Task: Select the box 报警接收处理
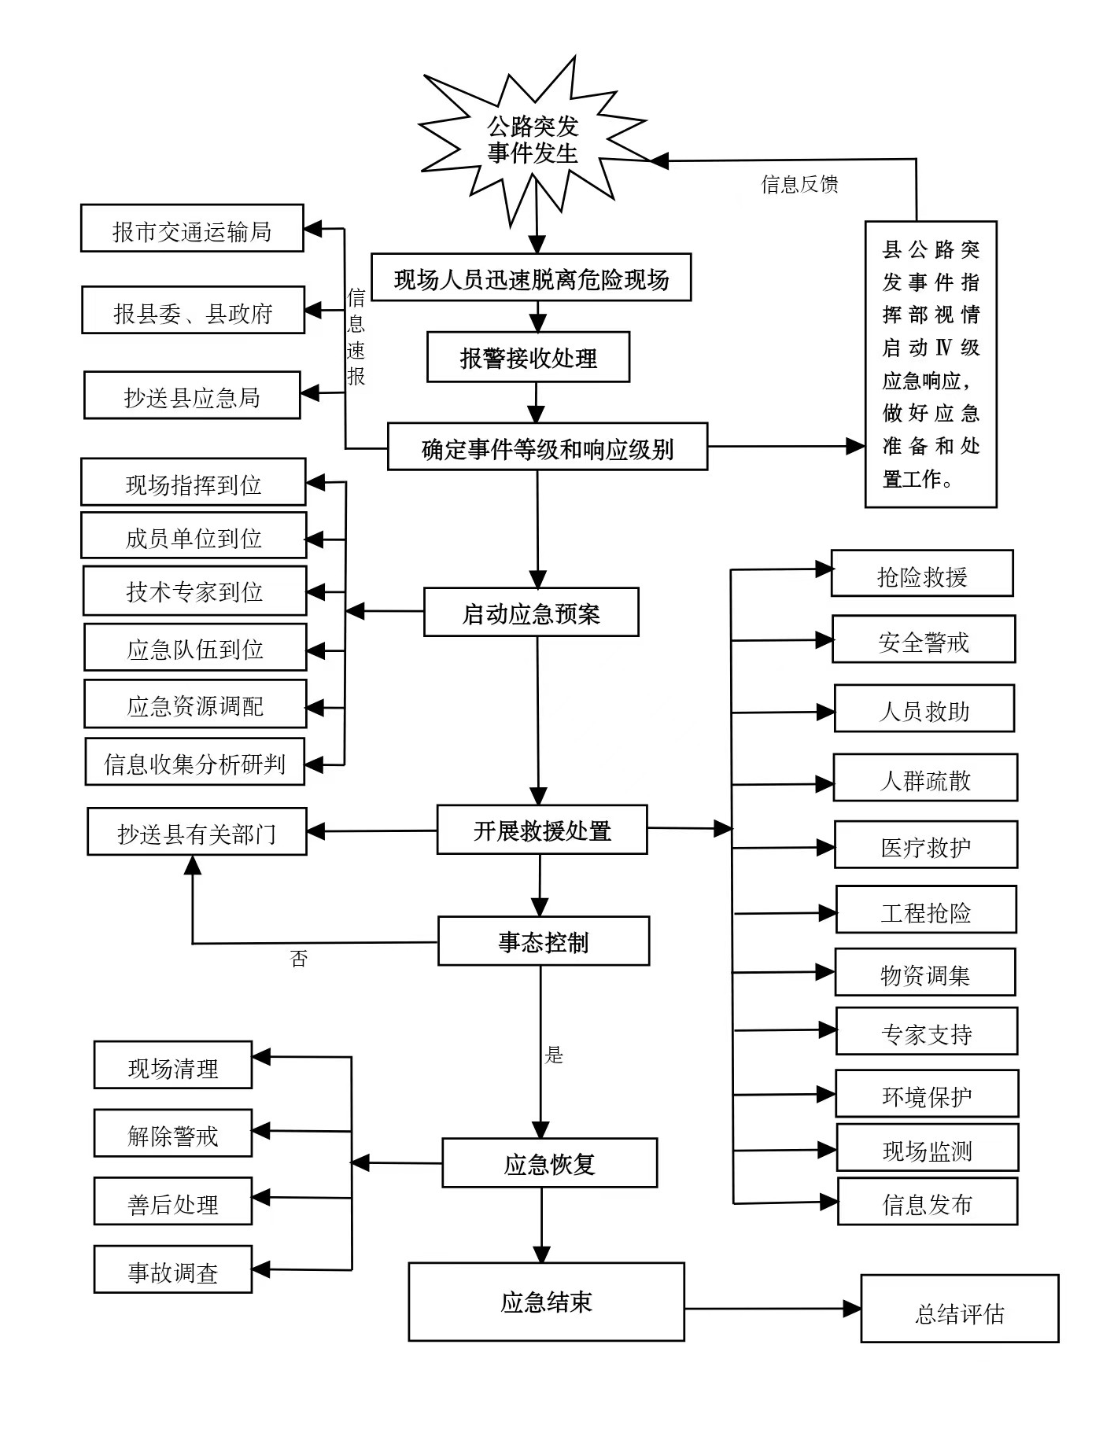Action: click(x=528, y=358)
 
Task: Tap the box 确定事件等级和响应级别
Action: click(x=547, y=447)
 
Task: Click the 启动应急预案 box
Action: click(x=531, y=613)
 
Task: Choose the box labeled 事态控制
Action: click(x=544, y=941)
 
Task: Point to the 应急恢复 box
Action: click(x=549, y=1163)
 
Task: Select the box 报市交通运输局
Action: click(x=192, y=229)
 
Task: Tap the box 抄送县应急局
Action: click(x=192, y=396)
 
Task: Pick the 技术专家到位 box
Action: click(x=194, y=591)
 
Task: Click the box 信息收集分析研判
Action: click(x=194, y=762)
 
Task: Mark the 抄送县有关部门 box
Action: click(x=197, y=832)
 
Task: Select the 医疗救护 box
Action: click(x=925, y=845)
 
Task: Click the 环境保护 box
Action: click(x=927, y=1094)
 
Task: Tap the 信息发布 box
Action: click(x=927, y=1202)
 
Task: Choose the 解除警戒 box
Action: click(x=173, y=1134)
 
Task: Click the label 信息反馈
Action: click(x=799, y=184)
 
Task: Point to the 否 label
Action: click(x=299, y=959)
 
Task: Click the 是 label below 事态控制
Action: click(x=555, y=1055)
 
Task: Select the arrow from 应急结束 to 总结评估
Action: click(x=772, y=1309)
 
